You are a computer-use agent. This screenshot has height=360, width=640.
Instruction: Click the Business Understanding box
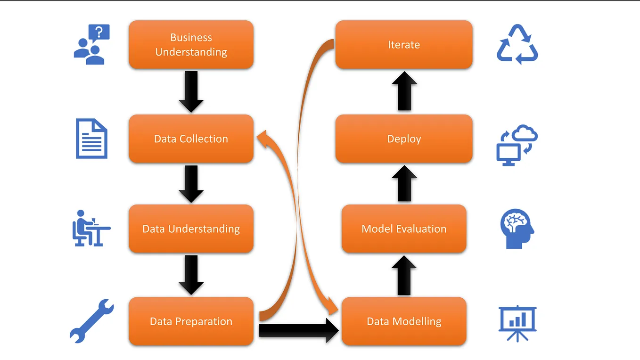click(x=191, y=45)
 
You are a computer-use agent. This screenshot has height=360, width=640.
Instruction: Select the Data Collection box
click(x=191, y=139)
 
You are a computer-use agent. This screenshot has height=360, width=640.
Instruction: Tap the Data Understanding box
click(x=191, y=229)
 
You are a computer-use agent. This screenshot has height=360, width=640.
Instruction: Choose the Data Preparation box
click(x=191, y=321)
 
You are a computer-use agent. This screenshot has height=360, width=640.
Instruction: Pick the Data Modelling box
click(x=404, y=321)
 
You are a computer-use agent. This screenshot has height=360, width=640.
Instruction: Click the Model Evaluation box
click(x=404, y=229)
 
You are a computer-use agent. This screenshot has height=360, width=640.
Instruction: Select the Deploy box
click(x=404, y=139)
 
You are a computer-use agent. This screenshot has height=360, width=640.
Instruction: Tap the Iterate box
click(x=404, y=45)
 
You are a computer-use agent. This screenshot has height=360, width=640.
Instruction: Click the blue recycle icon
click(x=517, y=45)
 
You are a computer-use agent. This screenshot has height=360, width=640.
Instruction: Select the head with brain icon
click(x=517, y=229)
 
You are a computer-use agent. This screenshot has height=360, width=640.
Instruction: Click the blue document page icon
click(x=92, y=139)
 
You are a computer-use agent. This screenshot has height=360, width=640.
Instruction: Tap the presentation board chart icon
click(x=517, y=323)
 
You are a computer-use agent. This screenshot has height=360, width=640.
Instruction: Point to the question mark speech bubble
click(x=99, y=33)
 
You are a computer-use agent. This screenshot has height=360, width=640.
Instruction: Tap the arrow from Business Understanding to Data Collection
click(x=191, y=91)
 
